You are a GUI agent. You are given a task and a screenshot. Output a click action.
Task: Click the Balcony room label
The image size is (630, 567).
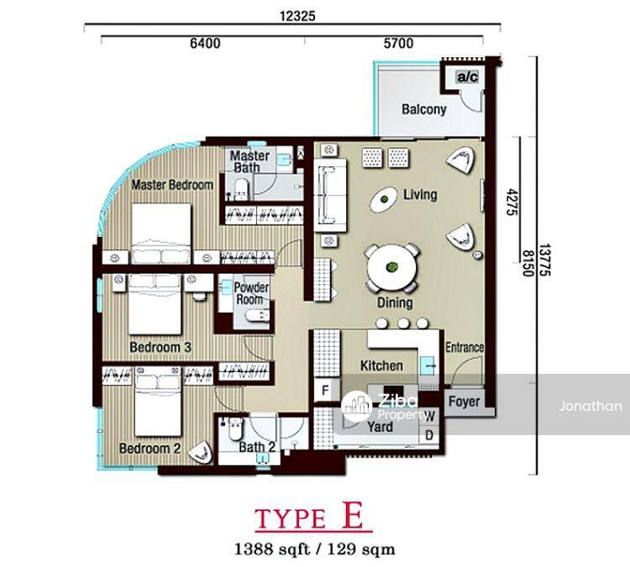424,109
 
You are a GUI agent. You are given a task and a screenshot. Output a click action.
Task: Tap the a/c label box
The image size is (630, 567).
468,76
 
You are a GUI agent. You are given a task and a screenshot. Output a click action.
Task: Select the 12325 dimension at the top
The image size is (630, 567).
297,16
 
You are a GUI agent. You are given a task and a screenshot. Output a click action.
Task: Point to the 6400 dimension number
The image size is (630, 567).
205,43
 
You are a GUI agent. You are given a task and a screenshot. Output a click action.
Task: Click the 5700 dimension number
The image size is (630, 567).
398,43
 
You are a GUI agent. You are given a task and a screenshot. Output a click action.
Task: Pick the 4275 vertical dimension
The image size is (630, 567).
511,202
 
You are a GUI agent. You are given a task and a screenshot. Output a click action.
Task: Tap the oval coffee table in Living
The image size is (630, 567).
385,199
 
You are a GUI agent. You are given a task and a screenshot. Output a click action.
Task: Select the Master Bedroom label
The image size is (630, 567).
172,185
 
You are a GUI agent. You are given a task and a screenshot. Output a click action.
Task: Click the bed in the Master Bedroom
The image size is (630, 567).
161,234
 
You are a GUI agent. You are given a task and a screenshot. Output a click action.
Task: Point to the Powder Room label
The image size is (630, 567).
250,293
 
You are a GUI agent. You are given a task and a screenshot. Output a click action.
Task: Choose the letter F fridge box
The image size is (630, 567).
325,390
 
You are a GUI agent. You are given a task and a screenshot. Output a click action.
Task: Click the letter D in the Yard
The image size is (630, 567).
429,435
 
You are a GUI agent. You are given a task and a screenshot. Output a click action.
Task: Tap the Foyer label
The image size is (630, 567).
464,402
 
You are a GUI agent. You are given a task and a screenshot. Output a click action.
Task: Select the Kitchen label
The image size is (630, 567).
381,365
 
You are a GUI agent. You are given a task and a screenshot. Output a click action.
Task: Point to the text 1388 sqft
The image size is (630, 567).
271,549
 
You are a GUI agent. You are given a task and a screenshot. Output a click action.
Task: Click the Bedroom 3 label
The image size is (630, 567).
160,347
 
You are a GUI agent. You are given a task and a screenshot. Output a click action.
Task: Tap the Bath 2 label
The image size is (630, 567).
257,447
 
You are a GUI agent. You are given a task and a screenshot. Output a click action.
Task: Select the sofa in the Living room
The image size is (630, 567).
330,195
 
